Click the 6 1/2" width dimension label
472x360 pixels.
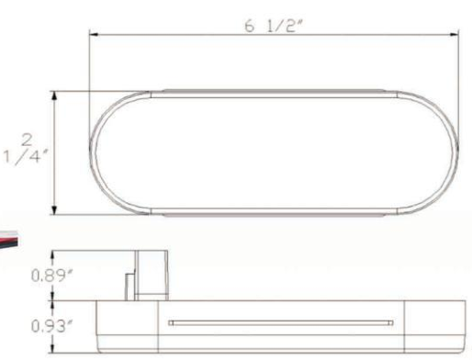274,26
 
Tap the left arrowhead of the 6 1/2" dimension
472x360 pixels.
94,34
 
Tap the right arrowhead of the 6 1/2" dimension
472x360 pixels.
455,34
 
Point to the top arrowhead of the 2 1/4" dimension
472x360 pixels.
54,96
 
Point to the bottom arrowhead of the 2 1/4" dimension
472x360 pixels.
54,210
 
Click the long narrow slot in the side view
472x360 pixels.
281,322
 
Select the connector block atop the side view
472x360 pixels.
152,276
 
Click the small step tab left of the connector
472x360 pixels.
130,287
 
